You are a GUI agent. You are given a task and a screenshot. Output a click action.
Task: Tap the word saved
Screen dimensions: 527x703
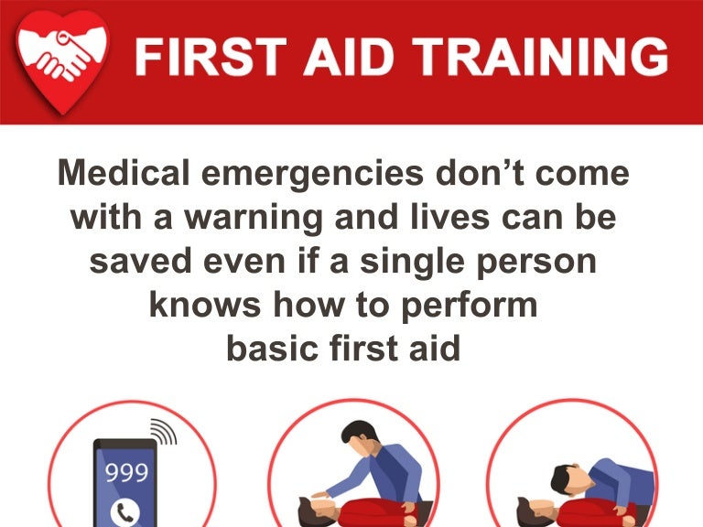tap(140, 262)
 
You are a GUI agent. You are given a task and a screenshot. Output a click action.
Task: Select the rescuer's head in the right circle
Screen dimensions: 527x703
tap(564, 479)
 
